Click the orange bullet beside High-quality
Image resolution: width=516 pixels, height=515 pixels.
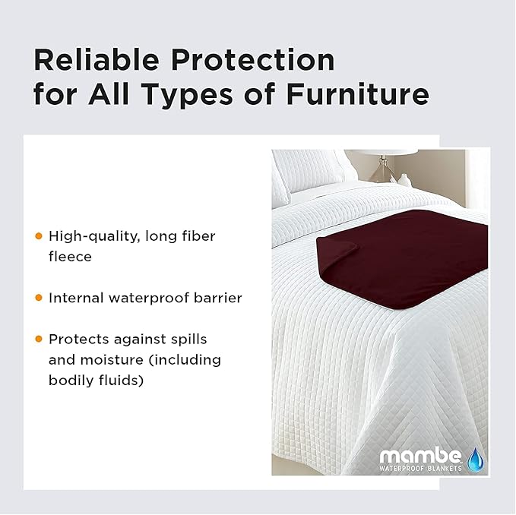point(39,236)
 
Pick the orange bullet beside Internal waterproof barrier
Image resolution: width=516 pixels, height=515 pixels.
point(39,298)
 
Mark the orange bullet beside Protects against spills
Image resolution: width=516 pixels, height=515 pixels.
point(39,339)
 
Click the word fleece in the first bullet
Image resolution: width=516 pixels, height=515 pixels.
point(70,257)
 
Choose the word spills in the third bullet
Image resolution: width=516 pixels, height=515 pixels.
point(188,339)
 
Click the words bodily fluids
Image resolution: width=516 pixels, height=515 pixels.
point(96,380)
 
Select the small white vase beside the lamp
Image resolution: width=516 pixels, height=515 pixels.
point(405,180)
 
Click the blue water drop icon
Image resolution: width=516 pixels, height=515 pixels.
point(476,459)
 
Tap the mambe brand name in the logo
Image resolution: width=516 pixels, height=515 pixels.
point(420,457)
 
